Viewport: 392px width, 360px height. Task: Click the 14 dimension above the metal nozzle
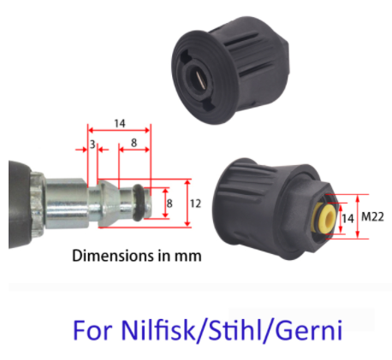pyautogui.click(x=120, y=124)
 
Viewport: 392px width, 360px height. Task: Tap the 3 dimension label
pyautogui.click(x=92, y=145)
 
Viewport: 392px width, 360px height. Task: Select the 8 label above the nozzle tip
pyautogui.click(x=134, y=143)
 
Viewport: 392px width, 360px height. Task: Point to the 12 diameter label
pyautogui.click(x=196, y=204)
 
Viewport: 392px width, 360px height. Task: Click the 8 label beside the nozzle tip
pyautogui.click(x=169, y=204)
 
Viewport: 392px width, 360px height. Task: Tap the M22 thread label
pyautogui.click(x=372, y=217)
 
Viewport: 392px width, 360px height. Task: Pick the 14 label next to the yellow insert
pyautogui.click(x=347, y=219)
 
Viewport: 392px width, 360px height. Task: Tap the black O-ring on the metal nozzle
pyautogui.click(x=139, y=202)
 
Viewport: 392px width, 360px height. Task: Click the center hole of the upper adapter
pyautogui.click(x=199, y=79)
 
